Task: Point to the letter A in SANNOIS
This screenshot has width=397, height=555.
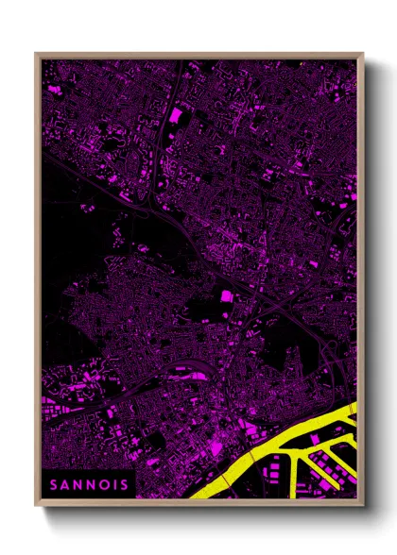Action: (x=67, y=483)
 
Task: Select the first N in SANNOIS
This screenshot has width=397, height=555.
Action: (x=79, y=483)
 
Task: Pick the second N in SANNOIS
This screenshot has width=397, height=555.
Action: (x=92, y=483)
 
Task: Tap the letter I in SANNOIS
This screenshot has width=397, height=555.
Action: (x=114, y=483)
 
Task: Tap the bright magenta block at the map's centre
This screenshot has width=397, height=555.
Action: (x=226, y=297)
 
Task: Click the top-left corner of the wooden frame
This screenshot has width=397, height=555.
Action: (x=37, y=54)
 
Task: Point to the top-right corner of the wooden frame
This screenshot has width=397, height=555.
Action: (x=362, y=54)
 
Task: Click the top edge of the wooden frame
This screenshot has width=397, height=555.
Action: (x=198, y=55)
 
